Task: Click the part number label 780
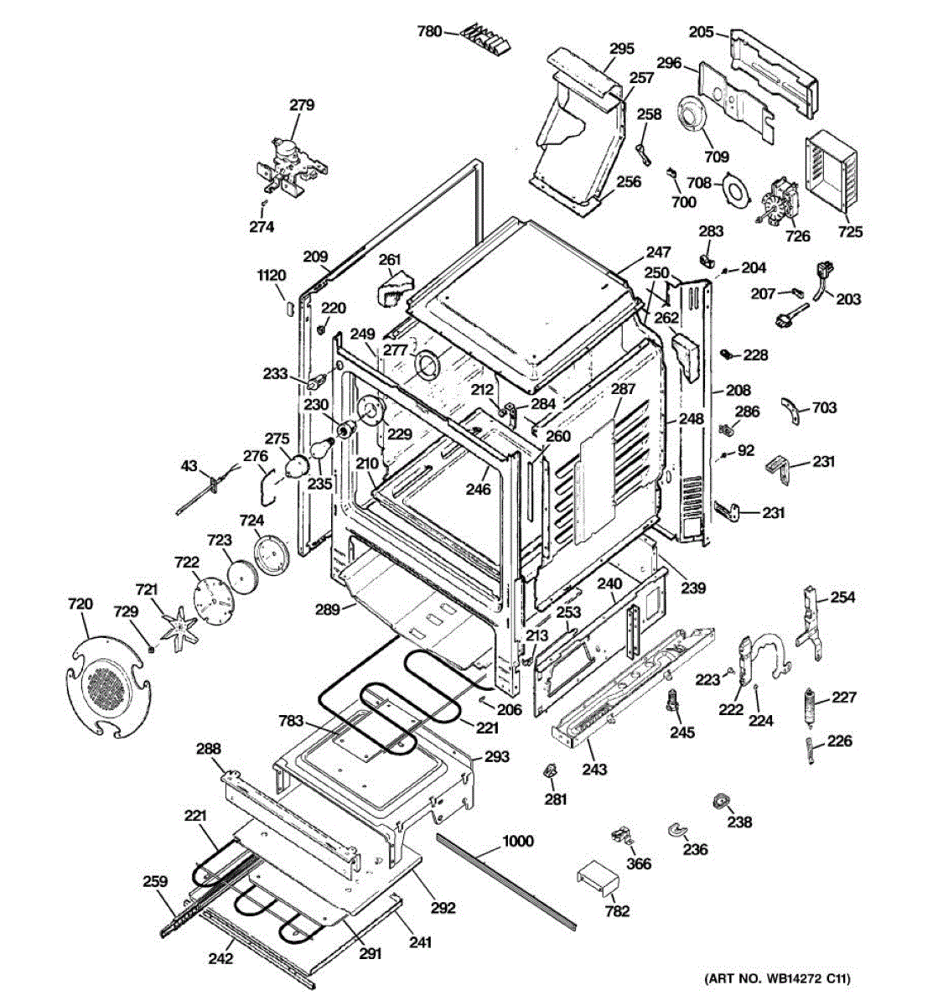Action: pyautogui.click(x=429, y=31)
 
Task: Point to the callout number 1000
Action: pyautogui.click(x=517, y=841)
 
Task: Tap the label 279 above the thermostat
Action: pyautogui.click(x=302, y=105)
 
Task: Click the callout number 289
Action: pyautogui.click(x=328, y=609)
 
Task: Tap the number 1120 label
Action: pyautogui.click(x=272, y=276)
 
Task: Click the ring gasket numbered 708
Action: pyautogui.click(x=735, y=189)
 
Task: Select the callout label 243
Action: pyautogui.click(x=594, y=769)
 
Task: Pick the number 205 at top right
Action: pyautogui.click(x=702, y=31)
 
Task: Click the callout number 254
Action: pyautogui.click(x=842, y=597)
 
